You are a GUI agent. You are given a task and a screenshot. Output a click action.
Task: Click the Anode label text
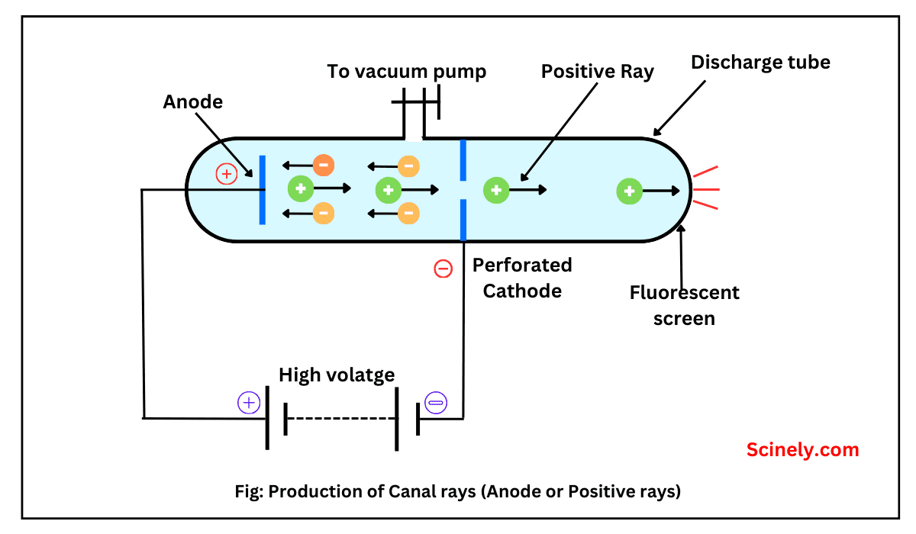(193, 102)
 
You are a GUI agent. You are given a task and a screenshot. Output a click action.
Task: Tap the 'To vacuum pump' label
(406, 72)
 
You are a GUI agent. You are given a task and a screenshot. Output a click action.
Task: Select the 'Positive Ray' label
(598, 72)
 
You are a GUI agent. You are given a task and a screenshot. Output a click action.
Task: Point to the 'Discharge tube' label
(760, 63)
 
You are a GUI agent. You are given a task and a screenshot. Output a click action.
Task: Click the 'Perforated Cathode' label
(522, 278)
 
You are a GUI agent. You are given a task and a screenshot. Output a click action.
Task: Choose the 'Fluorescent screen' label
(685, 305)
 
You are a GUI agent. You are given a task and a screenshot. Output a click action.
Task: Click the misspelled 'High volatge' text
(337, 375)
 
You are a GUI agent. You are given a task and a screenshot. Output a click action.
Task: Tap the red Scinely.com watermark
(802, 450)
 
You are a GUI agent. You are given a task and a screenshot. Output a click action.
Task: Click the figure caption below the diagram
(457, 492)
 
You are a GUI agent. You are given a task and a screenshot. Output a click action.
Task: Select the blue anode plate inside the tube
(262, 190)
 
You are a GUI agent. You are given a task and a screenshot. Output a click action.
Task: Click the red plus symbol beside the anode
(226, 174)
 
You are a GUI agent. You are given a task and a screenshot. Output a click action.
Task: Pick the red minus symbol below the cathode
(443, 269)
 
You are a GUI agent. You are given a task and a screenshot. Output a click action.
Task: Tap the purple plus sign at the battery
(249, 402)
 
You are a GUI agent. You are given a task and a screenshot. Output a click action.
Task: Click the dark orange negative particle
(324, 164)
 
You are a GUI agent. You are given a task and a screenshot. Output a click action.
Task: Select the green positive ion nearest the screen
(629, 191)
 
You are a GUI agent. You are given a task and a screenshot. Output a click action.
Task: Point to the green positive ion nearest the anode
(300, 188)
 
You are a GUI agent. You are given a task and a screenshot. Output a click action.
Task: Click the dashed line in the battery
(341, 419)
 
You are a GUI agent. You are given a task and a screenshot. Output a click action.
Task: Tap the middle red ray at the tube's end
(706, 188)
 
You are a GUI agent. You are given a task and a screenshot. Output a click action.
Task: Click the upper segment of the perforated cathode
(463, 160)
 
